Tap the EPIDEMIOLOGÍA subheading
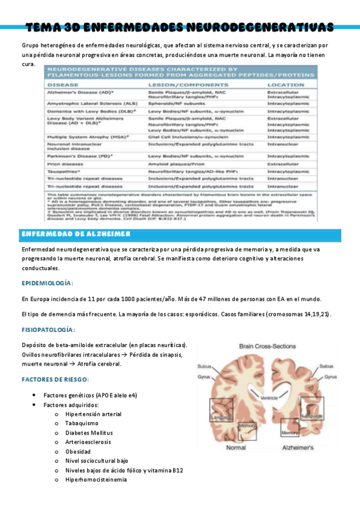tap(47, 283)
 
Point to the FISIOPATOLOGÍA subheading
tap(48, 330)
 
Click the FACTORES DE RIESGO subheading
tap(55, 379)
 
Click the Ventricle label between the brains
tap(270, 398)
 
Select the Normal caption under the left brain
tap(235, 448)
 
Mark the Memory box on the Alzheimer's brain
tap(290, 432)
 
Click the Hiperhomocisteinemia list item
tap(96, 479)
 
